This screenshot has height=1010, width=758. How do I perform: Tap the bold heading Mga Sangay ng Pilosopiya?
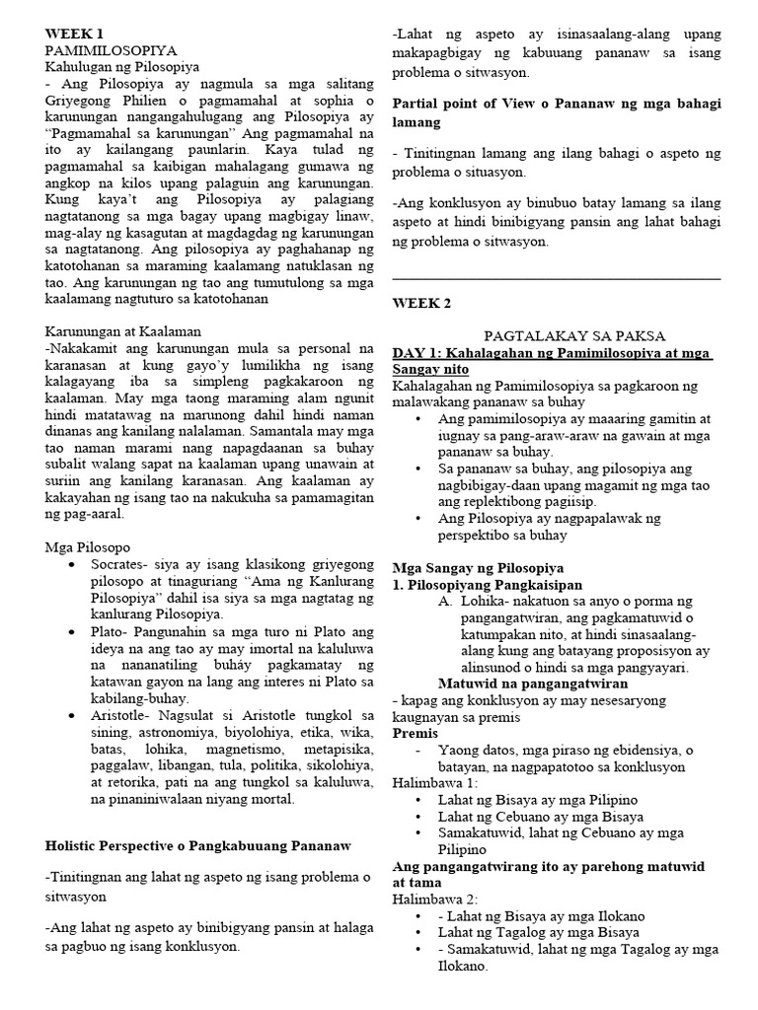[x=478, y=568]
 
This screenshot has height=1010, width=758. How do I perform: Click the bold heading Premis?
[x=415, y=734]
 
